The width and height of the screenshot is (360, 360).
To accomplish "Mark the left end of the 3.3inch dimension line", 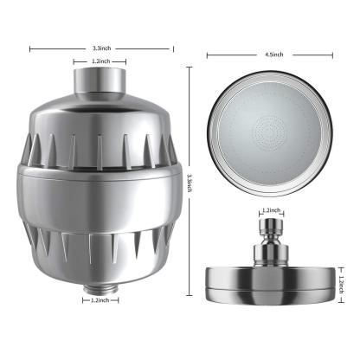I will [x=29, y=49].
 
